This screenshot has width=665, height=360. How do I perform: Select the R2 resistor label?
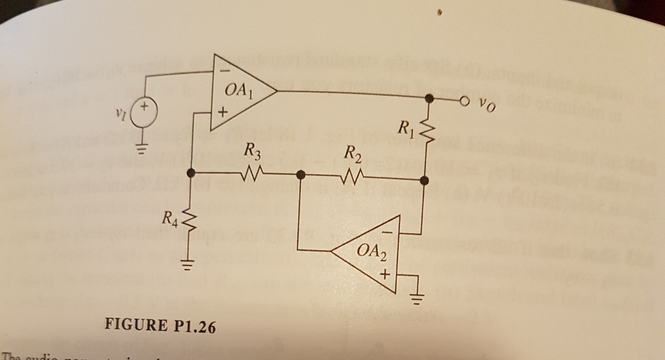point(351,155)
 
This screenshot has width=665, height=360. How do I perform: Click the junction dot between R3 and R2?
point(301,175)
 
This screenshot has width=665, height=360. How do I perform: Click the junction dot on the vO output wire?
point(429,99)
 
